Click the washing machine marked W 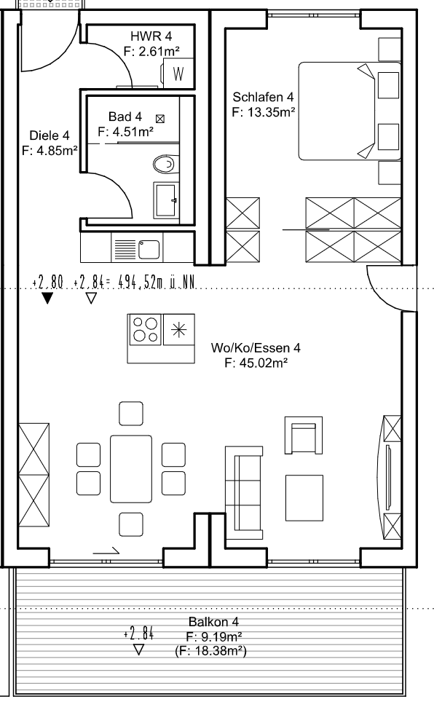[178, 73]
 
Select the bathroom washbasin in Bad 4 [166, 200]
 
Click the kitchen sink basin [149, 249]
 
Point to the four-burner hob [145, 329]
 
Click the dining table [131, 469]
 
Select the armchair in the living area [304, 435]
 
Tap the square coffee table [304, 498]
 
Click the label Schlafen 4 [264, 97]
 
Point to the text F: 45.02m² [256, 363]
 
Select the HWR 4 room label [151, 36]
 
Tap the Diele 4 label [50, 135]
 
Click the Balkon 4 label [213, 621]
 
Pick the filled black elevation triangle [47, 298]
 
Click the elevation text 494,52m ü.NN [157, 283]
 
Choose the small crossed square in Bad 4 [160, 119]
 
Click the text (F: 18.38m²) [210, 650]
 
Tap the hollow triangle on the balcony [139, 649]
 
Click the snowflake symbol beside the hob [178, 330]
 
